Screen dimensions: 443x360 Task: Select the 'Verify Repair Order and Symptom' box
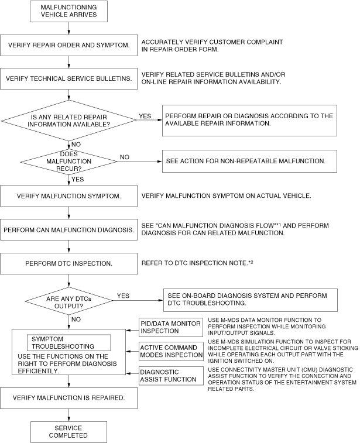tap(69, 45)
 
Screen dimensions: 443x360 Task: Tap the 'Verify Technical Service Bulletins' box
tap(69, 78)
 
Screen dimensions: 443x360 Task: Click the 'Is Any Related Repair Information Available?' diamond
tap(69, 120)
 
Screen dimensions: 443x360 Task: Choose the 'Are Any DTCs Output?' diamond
tap(69, 299)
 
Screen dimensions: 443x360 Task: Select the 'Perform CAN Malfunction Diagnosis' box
tap(69, 229)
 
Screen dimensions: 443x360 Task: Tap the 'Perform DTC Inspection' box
tap(69, 263)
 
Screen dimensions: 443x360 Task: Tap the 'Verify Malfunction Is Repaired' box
tap(69, 397)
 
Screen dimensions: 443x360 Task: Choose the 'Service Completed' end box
tap(69, 432)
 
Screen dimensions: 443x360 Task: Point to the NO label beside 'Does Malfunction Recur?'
tap(125, 157)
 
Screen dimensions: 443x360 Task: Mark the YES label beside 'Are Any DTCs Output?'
tap(124, 296)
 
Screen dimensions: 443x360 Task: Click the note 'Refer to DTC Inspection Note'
tap(197, 263)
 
